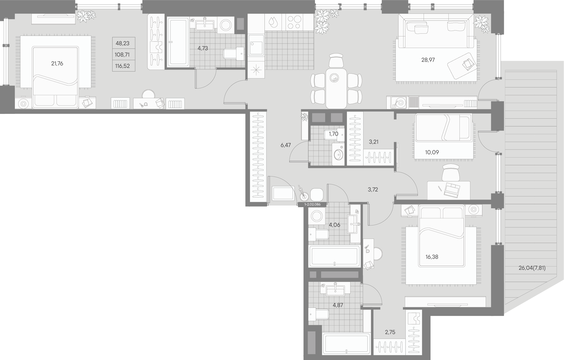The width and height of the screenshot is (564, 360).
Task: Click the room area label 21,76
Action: pos(57,63)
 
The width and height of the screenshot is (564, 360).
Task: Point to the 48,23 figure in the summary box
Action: pos(122,43)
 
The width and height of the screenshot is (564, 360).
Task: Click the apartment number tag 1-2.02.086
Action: pos(312,204)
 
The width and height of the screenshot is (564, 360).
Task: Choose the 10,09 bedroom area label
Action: pos(432,152)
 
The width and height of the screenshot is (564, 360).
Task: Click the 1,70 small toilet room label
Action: pos(333,134)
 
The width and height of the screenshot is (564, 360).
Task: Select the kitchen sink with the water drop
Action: pos(273,22)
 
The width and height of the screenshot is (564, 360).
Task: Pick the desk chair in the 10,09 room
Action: pos(451,172)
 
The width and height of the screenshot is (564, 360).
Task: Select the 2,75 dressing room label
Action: pos(390,332)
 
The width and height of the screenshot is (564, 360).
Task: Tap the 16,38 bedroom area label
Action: pos(432,257)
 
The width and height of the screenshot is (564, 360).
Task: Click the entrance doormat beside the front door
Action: pos(283,193)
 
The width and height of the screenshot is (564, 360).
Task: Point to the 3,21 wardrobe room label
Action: pos(374,142)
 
